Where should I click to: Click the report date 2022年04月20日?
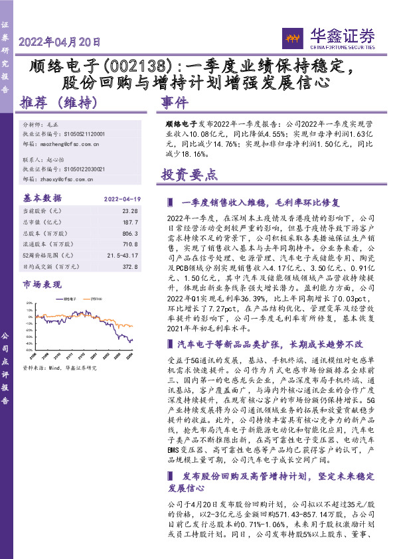(60, 41)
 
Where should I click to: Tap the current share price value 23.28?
(130, 210)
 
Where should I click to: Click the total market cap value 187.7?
(130, 222)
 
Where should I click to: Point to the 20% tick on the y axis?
(30, 303)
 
